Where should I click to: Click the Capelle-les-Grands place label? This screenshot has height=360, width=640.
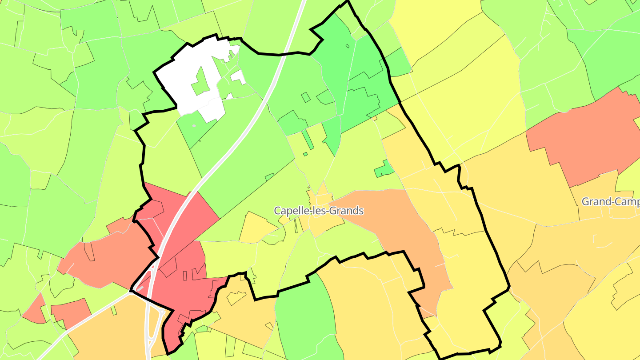(x=319, y=211)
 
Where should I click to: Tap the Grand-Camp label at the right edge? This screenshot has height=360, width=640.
(x=610, y=202)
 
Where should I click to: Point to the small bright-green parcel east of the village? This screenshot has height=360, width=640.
(x=383, y=169)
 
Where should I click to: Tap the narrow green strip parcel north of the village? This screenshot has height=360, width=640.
(x=308, y=139)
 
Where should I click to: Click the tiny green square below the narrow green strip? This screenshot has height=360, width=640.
(x=305, y=154)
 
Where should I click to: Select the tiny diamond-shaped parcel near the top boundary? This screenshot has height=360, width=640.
(x=348, y=46)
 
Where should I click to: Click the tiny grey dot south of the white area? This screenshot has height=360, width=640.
(x=194, y=126)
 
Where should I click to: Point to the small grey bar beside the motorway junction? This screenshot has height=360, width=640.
(x=140, y=288)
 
